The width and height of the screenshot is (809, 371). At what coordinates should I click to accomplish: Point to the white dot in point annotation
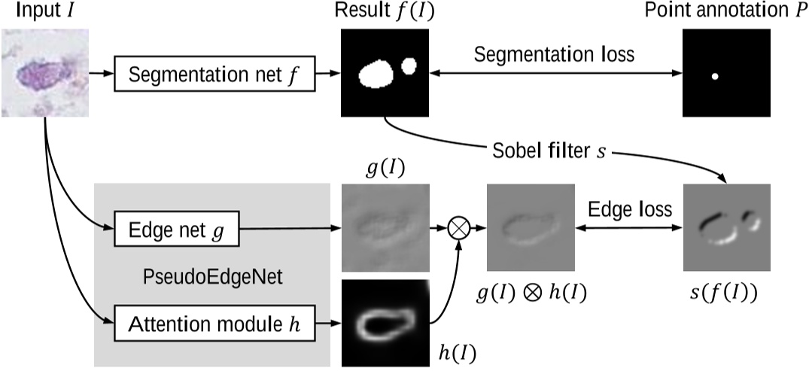tap(715, 77)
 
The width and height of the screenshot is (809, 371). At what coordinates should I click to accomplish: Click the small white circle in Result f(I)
tap(409, 65)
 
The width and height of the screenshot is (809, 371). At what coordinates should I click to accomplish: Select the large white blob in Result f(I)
tap(376, 75)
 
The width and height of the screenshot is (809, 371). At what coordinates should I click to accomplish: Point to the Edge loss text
tap(631, 210)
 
